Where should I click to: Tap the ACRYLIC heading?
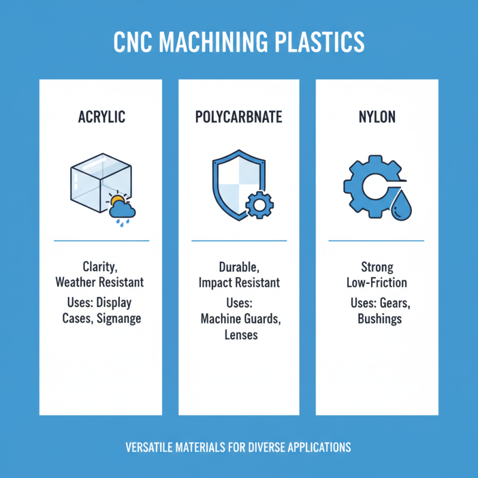102,117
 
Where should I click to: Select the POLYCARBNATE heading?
238,117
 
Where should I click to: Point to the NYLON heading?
376,117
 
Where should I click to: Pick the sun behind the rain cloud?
117,201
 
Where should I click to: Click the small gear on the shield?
259,205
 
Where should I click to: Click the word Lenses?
241,335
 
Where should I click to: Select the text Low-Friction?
376,282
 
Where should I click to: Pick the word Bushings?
379,318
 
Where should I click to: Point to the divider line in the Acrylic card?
102,241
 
